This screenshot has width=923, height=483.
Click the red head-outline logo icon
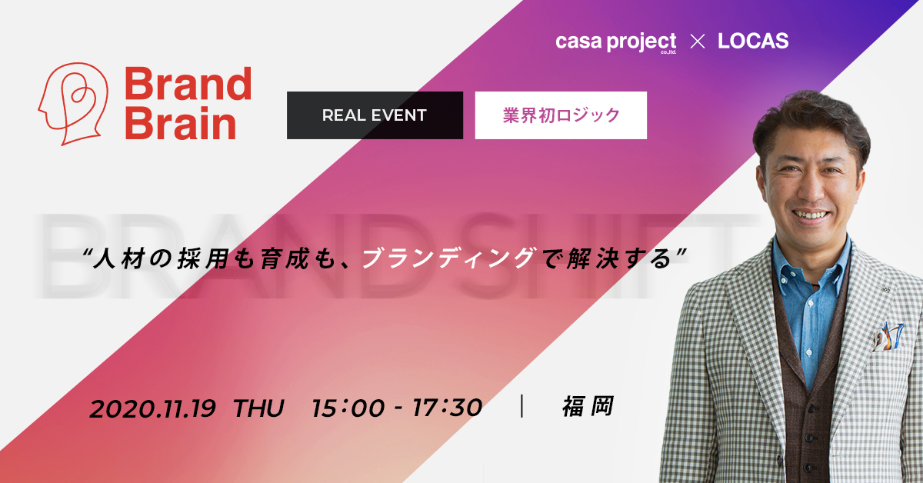coord(73,104)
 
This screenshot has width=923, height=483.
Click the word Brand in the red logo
coord(188,84)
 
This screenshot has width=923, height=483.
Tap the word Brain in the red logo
coord(181,122)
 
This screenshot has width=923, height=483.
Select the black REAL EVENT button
coord(375,115)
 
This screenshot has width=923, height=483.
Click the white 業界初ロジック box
coord(561,115)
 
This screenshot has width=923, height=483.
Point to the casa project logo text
coord(615,42)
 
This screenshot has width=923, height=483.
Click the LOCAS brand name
coord(753,41)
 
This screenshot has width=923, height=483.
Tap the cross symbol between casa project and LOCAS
coord(697,42)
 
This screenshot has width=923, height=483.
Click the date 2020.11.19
coord(152,409)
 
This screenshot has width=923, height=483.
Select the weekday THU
coord(258,408)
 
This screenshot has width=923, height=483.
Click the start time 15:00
coord(348,408)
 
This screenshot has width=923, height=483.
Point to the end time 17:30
coord(447,408)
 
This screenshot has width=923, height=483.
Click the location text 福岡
coord(588,406)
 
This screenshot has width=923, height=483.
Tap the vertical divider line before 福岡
coord(522,406)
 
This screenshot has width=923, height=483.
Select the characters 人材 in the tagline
coord(119,259)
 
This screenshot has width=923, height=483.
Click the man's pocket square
coord(889,338)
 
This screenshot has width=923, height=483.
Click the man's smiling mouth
coord(811,215)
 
